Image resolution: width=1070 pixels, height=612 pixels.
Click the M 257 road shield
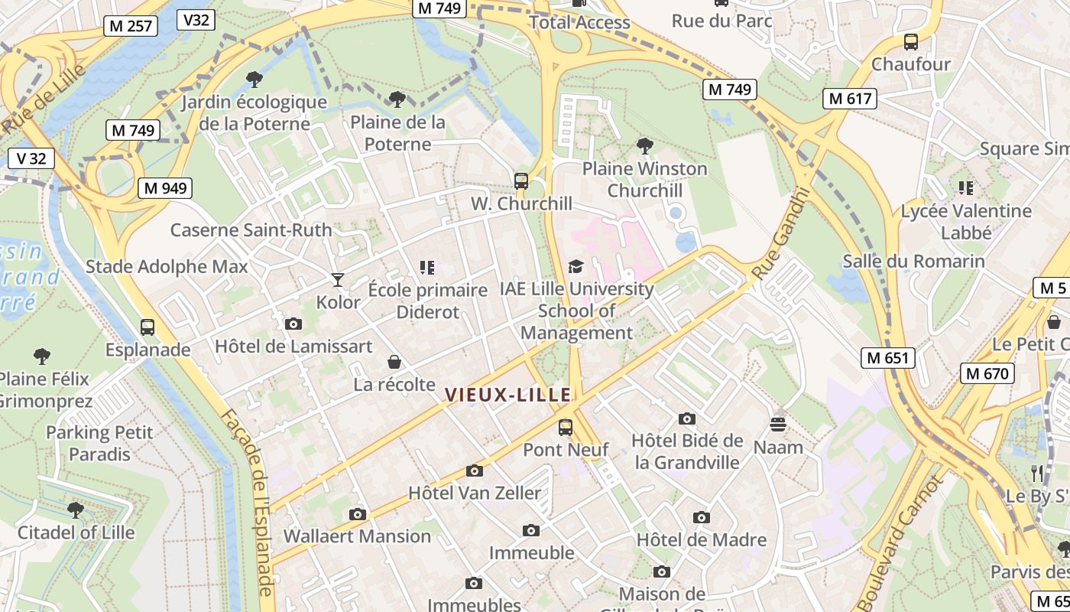click(x=131, y=26)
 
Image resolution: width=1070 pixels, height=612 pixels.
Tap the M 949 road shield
click(x=165, y=188)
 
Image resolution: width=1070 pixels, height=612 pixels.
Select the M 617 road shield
click(x=850, y=99)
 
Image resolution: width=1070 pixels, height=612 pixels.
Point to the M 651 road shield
click(x=888, y=357)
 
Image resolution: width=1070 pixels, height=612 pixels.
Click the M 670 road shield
click(x=987, y=373)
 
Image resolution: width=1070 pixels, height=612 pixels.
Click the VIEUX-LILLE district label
click(x=508, y=395)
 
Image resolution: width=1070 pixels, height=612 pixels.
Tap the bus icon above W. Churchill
click(x=521, y=181)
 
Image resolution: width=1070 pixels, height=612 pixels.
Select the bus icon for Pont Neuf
click(x=566, y=428)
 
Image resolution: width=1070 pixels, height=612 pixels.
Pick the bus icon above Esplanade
click(x=148, y=327)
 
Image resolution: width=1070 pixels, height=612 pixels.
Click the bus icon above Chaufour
click(x=910, y=42)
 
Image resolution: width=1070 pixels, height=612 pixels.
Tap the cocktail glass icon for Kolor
click(x=338, y=280)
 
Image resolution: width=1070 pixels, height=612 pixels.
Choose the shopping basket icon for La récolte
click(x=394, y=362)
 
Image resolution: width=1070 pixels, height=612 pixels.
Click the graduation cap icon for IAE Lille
click(x=576, y=266)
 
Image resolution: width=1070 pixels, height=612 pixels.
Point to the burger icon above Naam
click(x=778, y=425)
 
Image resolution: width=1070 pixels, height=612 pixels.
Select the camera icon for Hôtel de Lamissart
click(x=293, y=324)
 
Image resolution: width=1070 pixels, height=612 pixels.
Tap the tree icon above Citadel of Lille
click(x=75, y=509)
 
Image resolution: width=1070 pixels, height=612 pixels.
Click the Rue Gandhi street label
click(x=780, y=234)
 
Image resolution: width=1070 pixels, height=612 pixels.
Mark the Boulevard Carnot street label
click(x=900, y=543)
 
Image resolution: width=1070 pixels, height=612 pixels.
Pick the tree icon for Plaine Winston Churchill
click(x=645, y=145)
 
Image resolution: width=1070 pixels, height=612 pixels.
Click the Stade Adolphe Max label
click(x=167, y=267)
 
